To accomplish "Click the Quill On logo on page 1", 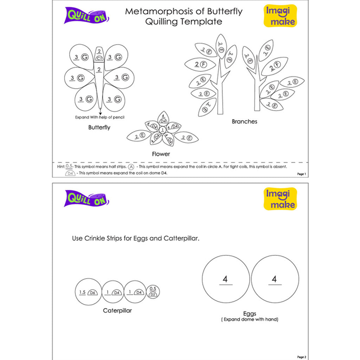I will coord(86,15).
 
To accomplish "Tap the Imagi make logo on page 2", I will coord(280,199).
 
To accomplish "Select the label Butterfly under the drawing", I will coord(99,128).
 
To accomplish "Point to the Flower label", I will coord(161,154).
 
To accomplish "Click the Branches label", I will coord(244,122).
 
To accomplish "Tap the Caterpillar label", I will coord(117,310).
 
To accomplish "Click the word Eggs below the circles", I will coord(250,314).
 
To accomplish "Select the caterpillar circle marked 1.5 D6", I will coord(88,292).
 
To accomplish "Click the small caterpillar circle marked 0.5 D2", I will coord(153,292).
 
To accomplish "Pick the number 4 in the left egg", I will coord(225,279).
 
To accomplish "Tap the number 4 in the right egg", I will coord(274,279).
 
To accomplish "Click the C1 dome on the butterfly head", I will coord(99,58).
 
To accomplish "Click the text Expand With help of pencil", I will coord(100,117).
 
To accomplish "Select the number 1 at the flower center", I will coord(162,130).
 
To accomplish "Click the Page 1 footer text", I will coord(302,174).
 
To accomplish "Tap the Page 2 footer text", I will coord(302,357).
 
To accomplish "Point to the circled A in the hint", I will coord(131,167).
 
